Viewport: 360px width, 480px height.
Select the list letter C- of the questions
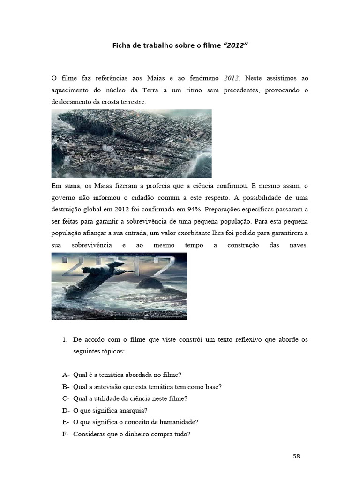tap(66, 398)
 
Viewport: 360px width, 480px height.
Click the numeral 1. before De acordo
tap(65, 339)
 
